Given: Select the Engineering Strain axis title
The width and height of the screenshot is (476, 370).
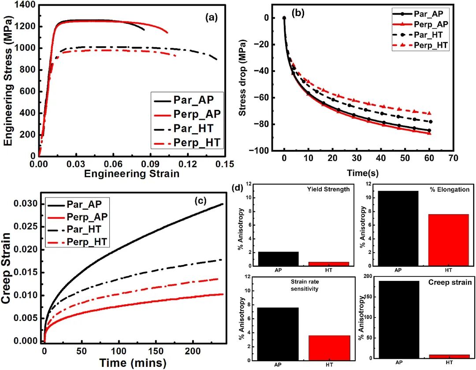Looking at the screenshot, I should click(x=132, y=173).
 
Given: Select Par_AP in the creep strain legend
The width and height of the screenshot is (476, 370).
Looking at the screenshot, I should click(x=86, y=204).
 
